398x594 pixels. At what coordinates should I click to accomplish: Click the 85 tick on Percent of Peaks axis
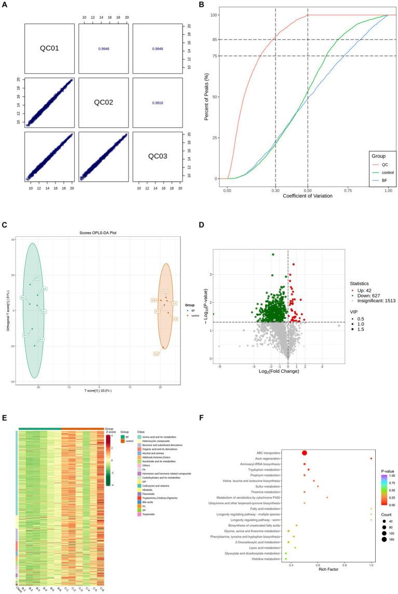point(212,39)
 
